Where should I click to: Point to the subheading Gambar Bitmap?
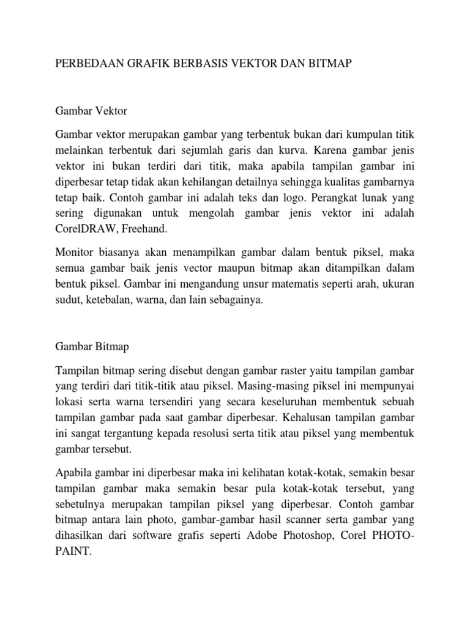[92, 346]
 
